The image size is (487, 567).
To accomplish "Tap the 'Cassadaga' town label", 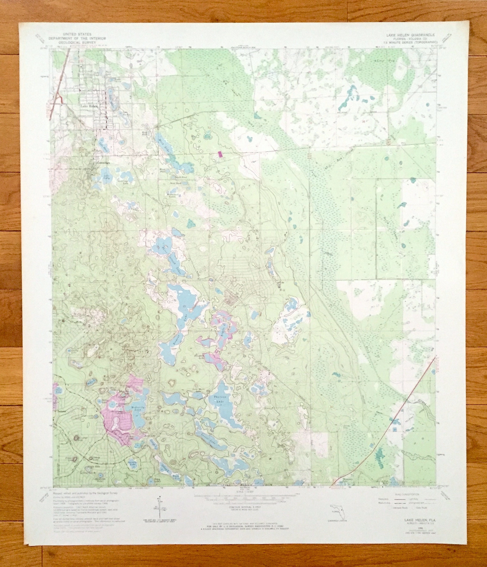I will click(x=103, y=162).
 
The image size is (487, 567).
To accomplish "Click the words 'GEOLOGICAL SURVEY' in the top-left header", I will click(x=77, y=42).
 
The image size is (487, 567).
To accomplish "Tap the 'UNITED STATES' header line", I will click(x=77, y=34).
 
